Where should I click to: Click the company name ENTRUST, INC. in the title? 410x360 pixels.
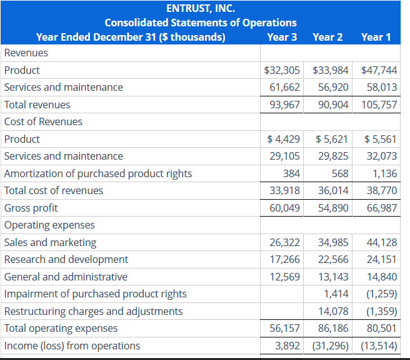click(200, 9)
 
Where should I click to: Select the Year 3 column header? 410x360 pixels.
click(282, 37)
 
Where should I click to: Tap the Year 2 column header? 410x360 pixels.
click(327, 37)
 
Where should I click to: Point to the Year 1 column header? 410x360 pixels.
click(376, 37)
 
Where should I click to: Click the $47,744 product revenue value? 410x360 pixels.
click(379, 70)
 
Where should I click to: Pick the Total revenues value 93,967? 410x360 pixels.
click(284, 105)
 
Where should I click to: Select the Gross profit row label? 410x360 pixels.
click(31, 208)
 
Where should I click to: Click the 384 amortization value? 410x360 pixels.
click(291, 173)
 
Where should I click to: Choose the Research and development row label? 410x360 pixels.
click(66, 259)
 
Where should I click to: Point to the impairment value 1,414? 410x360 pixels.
click(336, 294)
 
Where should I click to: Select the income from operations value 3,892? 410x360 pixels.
click(287, 346)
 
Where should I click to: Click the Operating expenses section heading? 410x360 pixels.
click(50, 225)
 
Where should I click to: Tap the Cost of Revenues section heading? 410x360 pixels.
click(43, 121)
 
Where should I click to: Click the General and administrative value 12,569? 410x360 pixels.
click(284, 277)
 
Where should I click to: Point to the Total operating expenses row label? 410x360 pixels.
click(61, 328)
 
